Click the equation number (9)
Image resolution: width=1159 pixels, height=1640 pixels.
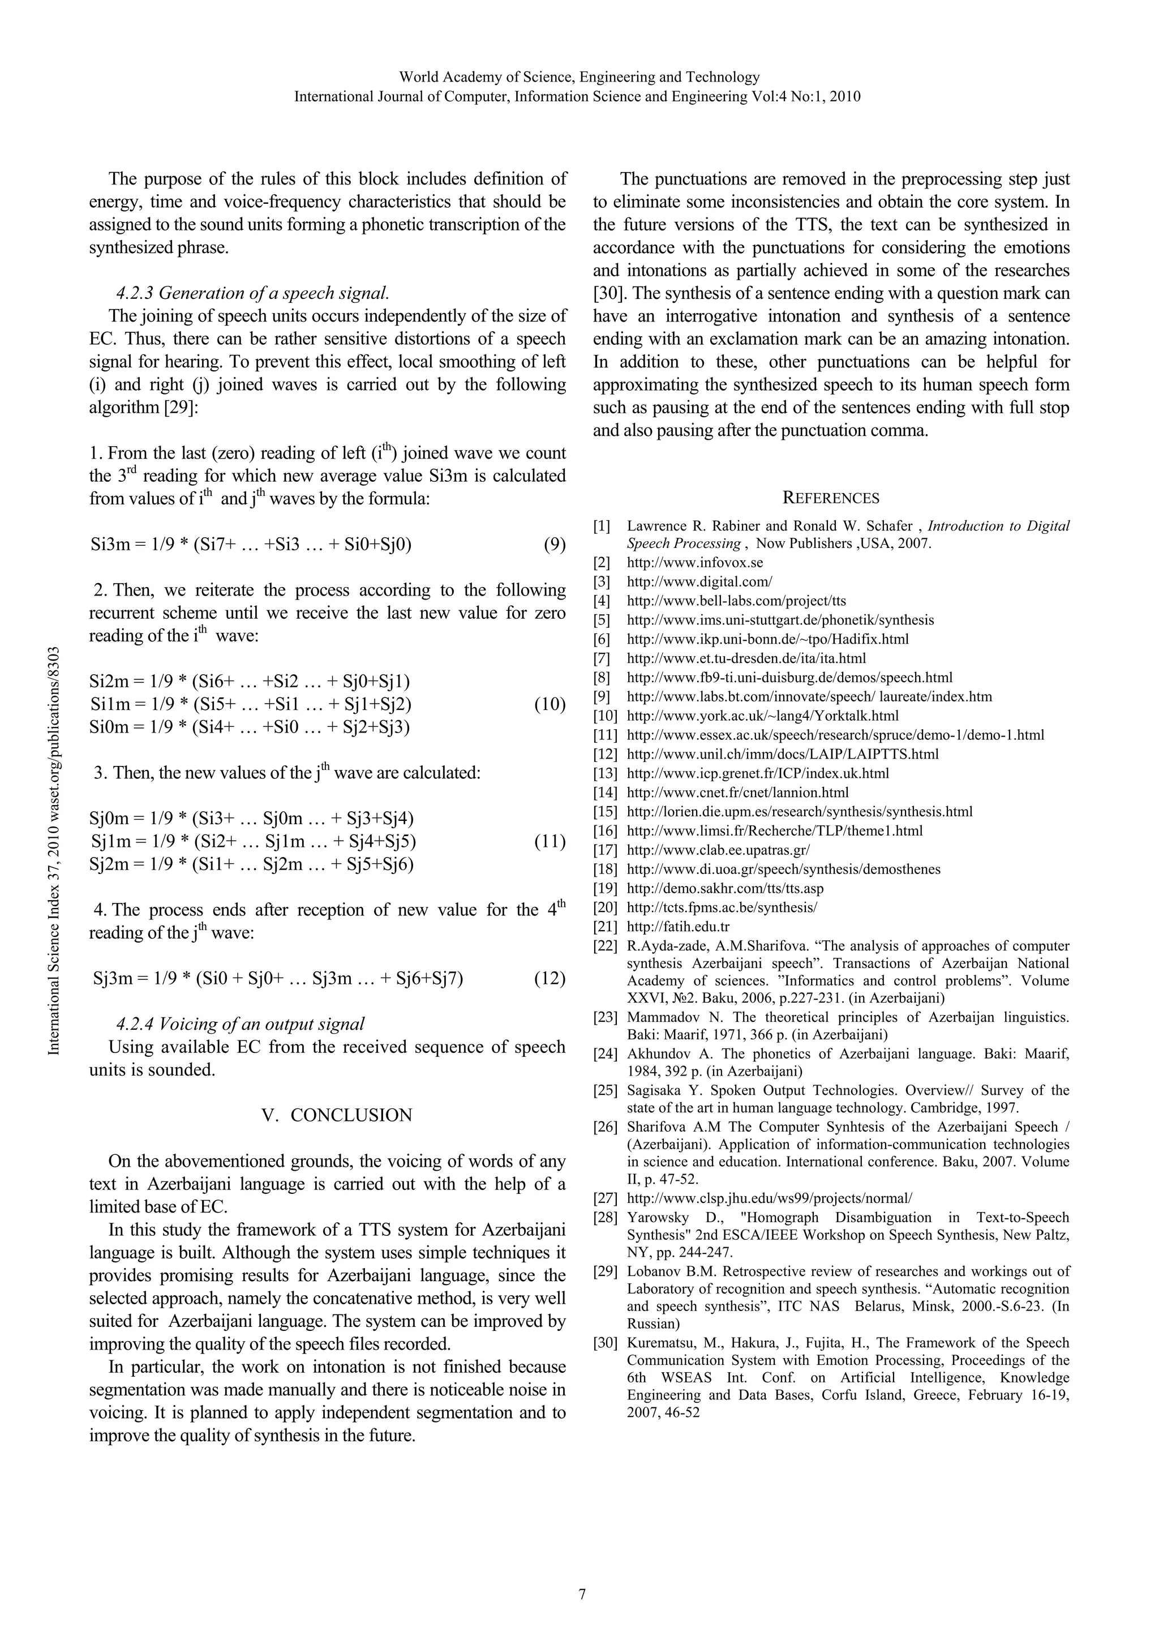point(554,545)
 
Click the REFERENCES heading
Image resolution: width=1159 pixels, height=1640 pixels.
point(831,498)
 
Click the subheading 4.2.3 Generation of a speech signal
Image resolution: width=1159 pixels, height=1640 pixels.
point(253,293)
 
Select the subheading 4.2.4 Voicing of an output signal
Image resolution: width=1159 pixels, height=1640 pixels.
point(240,1024)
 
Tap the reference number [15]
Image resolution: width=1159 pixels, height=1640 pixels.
point(605,811)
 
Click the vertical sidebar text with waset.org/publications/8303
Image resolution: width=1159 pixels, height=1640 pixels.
point(54,850)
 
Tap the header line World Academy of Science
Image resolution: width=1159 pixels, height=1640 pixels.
point(579,77)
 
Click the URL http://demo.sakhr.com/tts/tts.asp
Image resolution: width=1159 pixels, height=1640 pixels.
point(725,889)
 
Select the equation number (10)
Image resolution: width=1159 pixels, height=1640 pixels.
point(549,705)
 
